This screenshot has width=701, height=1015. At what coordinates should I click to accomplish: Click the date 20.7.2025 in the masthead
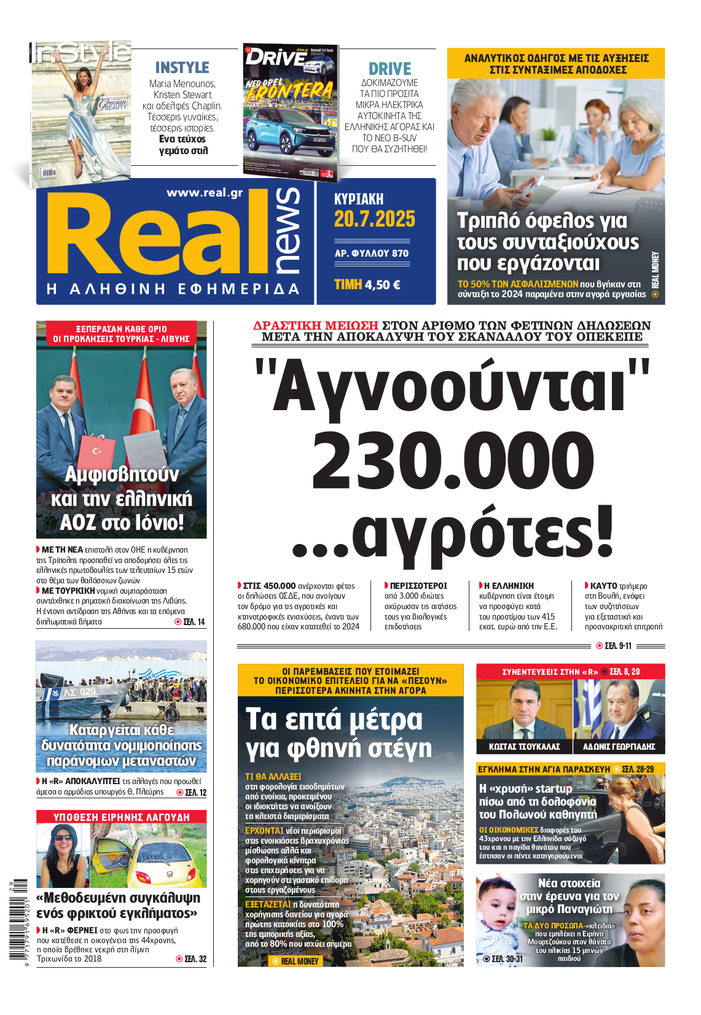tap(374, 219)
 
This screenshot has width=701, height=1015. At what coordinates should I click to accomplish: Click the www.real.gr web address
tap(205, 193)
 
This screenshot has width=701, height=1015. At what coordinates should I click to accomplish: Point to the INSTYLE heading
tap(182, 68)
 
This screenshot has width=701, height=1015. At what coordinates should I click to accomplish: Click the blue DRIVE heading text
tap(390, 69)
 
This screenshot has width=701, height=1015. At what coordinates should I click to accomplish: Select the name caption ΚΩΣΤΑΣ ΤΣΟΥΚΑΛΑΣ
tap(524, 747)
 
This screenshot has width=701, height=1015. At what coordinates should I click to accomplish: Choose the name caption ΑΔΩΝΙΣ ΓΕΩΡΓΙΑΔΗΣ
tap(619, 747)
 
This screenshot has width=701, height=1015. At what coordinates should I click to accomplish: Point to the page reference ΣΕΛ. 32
tap(195, 959)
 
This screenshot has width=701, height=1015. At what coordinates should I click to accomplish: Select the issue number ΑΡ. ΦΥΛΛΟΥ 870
tap(371, 253)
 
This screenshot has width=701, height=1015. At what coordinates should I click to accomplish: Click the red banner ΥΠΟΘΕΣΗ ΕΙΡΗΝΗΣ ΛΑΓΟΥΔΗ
tap(121, 817)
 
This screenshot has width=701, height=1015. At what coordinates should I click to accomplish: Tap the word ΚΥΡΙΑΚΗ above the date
tap(358, 199)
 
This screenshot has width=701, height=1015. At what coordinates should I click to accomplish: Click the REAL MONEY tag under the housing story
tap(299, 961)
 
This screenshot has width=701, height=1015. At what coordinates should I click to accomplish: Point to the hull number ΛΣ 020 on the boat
tap(80, 692)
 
